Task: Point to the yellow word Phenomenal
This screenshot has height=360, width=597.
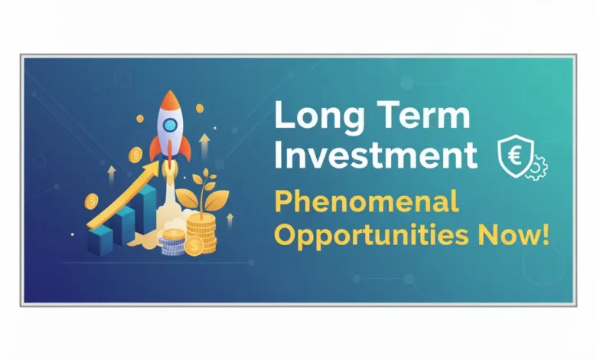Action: click(x=366, y=203)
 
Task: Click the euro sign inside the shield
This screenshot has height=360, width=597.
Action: click(x=511, y=153)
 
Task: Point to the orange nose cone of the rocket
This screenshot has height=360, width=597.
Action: click(x=169, y=100)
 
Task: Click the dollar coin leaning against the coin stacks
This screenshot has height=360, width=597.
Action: click(x=193, y=246)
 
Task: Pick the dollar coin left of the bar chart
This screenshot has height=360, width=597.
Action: click(x=92, y=202)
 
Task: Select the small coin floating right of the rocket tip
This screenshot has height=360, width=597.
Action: click(x=200, y=109)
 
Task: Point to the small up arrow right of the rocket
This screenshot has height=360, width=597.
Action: click(x=205, y=143)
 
